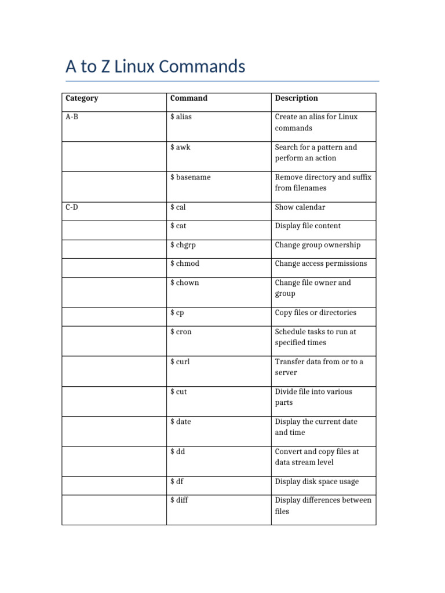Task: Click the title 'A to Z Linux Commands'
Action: tap(155, 67)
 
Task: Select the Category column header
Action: tap(82, 98)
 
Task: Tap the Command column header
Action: tap(189, 98)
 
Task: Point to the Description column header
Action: tap(296, 98)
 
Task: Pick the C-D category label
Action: tap(72, 207)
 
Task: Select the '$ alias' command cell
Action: tap(181, 117)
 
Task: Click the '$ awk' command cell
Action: tap(180, 147)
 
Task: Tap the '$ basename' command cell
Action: tap(190, 177)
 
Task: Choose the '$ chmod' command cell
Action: tap(185, 263)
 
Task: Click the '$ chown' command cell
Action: tap(184, 283)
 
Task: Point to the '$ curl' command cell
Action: tap(180, 361)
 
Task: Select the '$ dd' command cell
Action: tap(177, 452)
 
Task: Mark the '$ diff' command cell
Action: tap(179, 500)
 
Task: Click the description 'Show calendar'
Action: tap(300, 207)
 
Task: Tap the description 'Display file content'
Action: tap(308, 226)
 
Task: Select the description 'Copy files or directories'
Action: tap(316, 313)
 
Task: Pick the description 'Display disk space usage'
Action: tap(317, 482)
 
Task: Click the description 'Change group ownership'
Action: tap(318, 245)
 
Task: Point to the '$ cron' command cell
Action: tap(181, 332)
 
